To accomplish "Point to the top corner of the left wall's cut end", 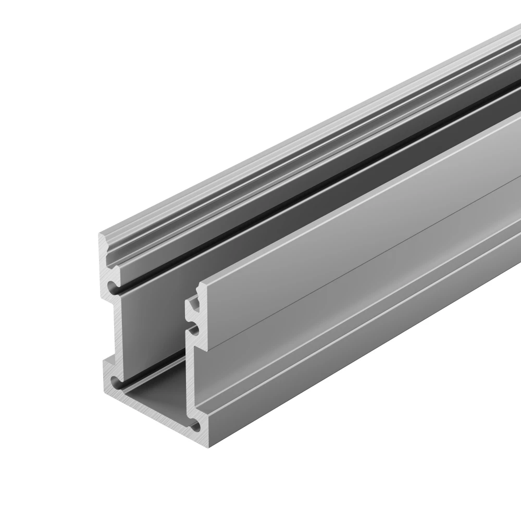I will coord(100,235).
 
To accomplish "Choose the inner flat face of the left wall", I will coord(156,323).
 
